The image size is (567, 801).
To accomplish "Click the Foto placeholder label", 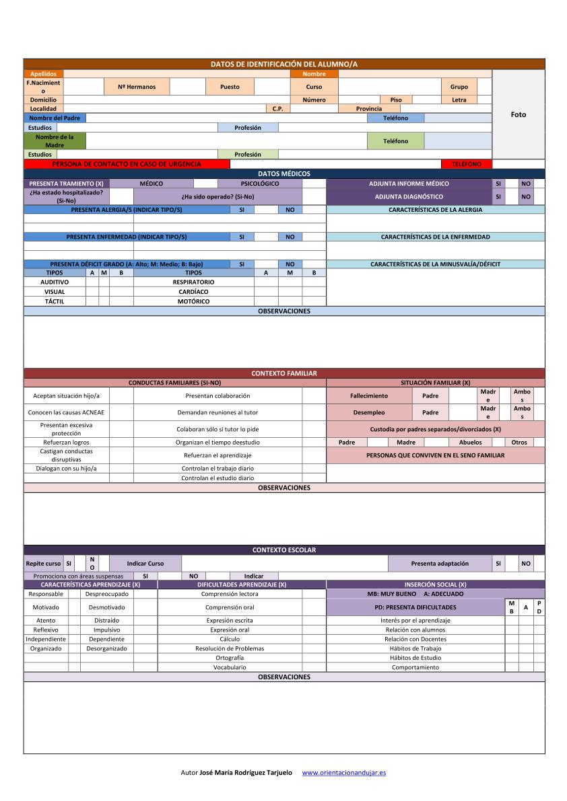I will click(x=518, y=114).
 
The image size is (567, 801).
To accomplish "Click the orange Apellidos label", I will click(x=44, y=74).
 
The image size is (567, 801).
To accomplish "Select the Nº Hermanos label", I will click(x=137, y=87).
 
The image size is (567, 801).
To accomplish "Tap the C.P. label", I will click(x=277, y=108).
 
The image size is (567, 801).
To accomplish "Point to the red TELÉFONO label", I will click(x=467, y=164).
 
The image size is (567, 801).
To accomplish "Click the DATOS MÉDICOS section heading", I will click(x=283, y=174).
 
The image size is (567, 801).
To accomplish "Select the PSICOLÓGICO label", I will click(x=259, y=184).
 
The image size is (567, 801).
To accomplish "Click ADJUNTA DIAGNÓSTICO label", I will click(x=409, y=197).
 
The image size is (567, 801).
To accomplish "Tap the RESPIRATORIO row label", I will click(x=193, y=282).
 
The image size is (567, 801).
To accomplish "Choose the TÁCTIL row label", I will click(x=55, y=301).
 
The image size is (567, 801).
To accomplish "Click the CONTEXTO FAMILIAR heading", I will click(x=283, y=373).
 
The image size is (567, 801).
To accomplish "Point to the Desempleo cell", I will click(x=369, y=412).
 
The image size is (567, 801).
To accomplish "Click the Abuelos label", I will click(x=470, y=443).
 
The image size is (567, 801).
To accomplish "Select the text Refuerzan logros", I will click(x=66, y=443).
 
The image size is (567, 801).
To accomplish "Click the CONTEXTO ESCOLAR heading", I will click(x=283, y=550).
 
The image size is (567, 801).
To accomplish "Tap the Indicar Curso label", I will click(x=145, y=564).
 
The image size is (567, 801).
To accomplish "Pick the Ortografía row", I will click(x=230, y=658).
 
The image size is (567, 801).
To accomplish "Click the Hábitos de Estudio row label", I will click(x=415, y=658).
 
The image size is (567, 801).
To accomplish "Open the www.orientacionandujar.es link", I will click(x=344, y=773).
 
